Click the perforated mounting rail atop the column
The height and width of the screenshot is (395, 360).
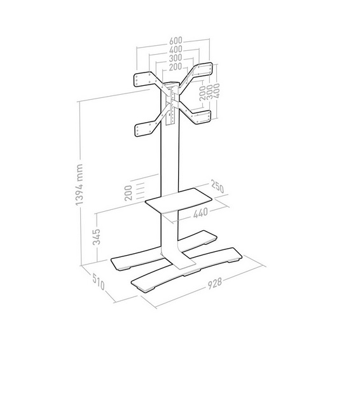pyautogui.click(x=170, y=105)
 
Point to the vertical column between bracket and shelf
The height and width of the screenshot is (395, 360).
pyautogui.click(x=169, y=159)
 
